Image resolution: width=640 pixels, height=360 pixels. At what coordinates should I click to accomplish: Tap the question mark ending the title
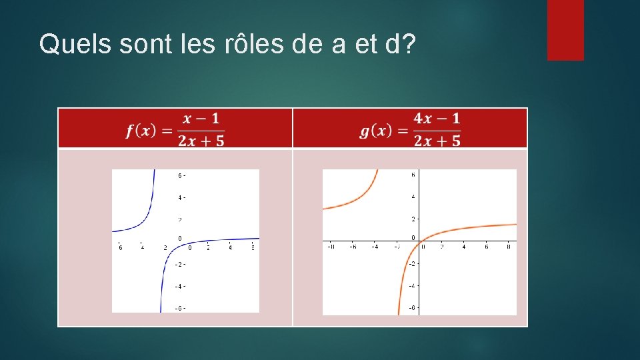coord(407,44)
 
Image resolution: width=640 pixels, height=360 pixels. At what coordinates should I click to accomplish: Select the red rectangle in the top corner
coord(565,30)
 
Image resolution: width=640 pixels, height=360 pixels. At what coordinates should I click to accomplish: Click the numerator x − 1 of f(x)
coord(201,119)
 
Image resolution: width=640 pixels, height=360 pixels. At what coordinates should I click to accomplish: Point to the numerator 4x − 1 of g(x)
coord(437,119)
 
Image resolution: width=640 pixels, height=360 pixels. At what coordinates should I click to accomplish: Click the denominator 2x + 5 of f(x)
coord(201,139)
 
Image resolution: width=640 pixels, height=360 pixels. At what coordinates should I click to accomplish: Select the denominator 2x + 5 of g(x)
coord(437,139)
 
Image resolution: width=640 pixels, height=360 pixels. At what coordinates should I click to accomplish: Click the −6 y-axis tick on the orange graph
coord(412,307)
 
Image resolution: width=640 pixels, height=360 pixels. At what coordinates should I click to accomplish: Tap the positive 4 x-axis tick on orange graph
coord(464,247)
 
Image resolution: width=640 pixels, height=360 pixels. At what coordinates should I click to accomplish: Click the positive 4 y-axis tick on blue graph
coord(180,198)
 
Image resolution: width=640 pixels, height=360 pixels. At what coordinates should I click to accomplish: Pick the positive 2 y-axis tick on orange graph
coord(413,219)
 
